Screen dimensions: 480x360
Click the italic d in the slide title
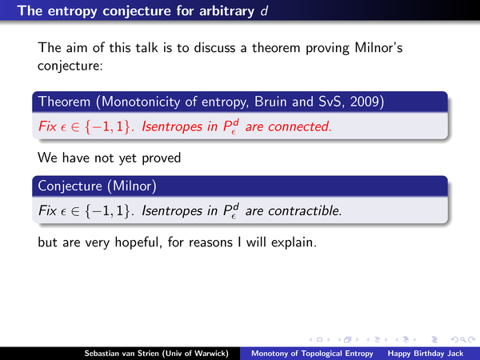[x=264, y=11]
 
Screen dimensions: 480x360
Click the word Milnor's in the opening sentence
[x=378, y=48]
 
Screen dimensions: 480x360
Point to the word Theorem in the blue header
[x=64, y=102]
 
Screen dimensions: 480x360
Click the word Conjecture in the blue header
[x=70, y=186]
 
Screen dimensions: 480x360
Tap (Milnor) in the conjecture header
[x=132, y=186]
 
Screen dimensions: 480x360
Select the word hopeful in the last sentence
[x=138, y=242]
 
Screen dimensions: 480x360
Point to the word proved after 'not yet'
[x=162, y=158]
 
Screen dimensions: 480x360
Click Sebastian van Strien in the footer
[x=122, y=354]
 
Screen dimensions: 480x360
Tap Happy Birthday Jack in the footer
[x=426, y=354]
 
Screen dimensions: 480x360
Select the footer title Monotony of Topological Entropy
[x=312, y=354]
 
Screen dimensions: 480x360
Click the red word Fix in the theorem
[x=47, y=126]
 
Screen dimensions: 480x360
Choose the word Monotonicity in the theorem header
[x=141, y=102]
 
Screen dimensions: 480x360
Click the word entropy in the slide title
[x=73, y=12]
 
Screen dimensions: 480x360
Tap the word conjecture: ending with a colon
[x=70, y=66]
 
